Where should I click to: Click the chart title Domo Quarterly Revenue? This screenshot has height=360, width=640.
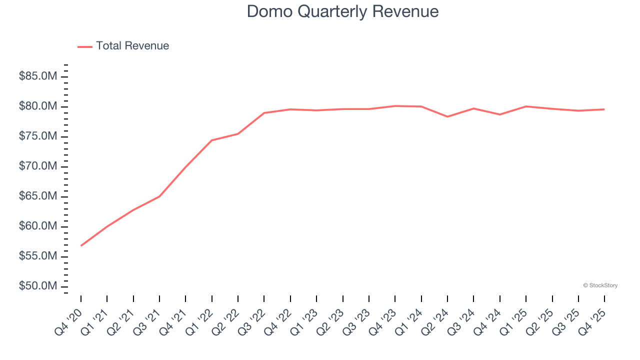(342, 11)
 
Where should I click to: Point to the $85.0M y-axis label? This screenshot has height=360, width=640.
(37, 76)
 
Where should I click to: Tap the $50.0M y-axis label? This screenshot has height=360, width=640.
(37, 286)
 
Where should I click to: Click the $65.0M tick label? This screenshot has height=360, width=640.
(37, 196)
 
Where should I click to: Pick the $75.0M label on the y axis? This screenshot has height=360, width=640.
(37, 136)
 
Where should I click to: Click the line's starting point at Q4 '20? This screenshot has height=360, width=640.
(81, 245)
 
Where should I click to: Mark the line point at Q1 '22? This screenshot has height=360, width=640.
(212, 140)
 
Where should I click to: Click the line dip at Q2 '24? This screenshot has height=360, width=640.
(447, 116)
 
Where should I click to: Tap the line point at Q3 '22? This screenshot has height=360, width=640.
(264, 113)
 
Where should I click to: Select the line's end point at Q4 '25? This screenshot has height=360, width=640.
(604, 109)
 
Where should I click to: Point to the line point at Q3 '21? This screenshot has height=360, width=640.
(159, 196)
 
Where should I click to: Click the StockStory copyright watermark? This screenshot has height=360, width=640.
(600, 285)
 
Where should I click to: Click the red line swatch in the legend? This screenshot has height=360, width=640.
(85, 46)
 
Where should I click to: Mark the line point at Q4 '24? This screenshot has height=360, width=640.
(499, 114)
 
